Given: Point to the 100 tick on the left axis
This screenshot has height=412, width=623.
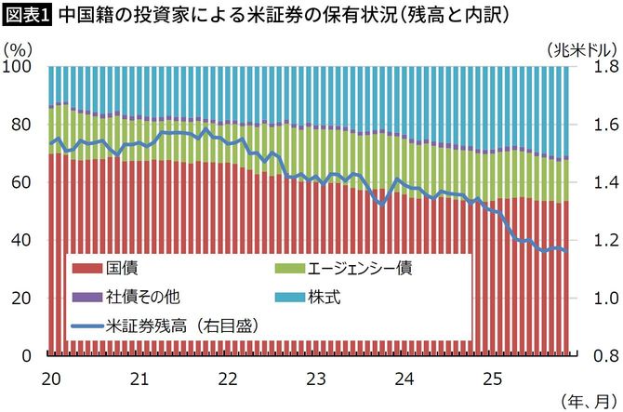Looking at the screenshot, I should point(19,67).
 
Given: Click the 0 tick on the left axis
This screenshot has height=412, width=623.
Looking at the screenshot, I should point(27,355).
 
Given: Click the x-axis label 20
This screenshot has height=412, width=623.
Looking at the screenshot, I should point(52,379).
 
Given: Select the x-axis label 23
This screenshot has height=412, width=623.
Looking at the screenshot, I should point(316,379).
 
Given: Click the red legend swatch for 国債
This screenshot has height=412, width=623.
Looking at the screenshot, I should point(88,269).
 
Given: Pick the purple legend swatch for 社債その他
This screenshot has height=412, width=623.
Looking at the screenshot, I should point(88,297).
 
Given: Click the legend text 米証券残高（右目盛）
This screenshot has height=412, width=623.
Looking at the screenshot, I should point(181,326).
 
